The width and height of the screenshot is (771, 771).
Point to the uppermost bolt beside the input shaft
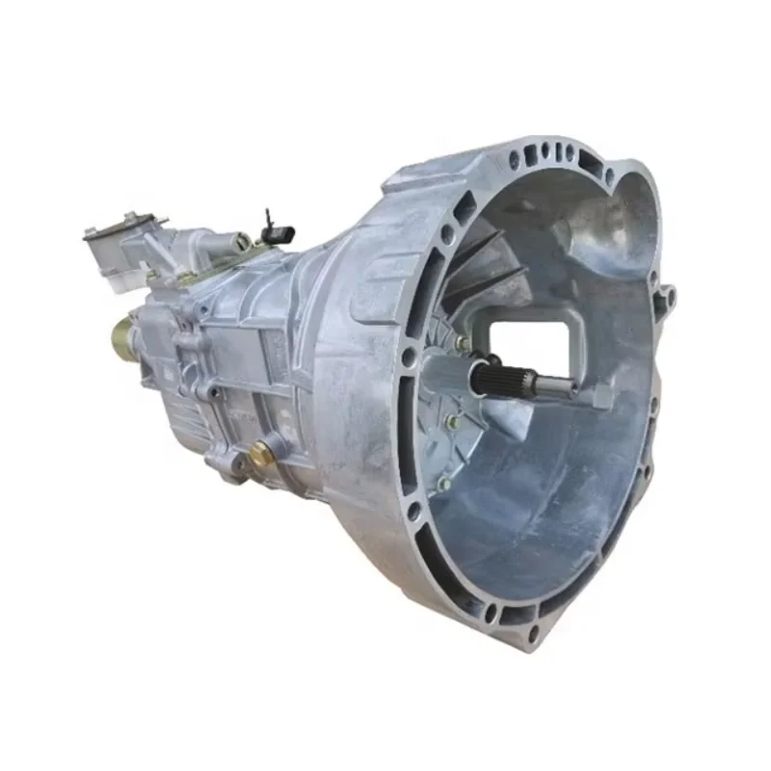[464, 343]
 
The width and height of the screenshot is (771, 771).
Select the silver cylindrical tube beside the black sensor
[231, 241]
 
